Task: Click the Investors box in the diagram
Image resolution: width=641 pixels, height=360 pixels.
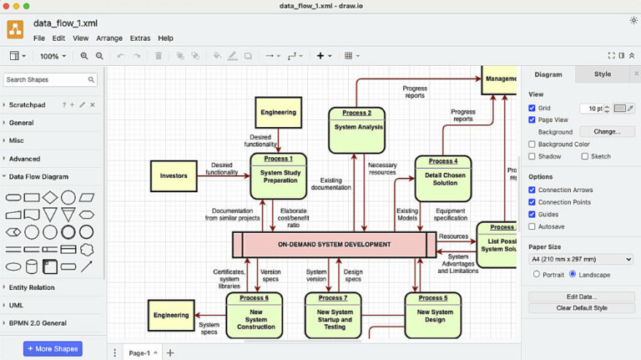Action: pyautogui.click(x=174, y=175)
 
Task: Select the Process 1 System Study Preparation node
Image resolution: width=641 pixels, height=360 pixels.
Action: pyautogui.click(x=278, y=175)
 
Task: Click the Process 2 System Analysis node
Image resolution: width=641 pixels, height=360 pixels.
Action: pyautogui.click(x=356, y=130)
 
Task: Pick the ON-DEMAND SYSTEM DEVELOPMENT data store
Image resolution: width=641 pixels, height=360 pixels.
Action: pyautogui.click(x=334, y=245)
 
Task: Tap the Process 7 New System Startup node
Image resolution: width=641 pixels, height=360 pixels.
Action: pyautogui.click(x=333, y=315)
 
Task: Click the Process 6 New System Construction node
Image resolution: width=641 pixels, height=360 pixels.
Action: pyautogui.click(x=255, y=315)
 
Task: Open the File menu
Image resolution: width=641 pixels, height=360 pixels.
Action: pyautogui.click(x=39, y=38)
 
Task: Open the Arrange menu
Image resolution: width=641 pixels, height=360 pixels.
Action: pyautogui.click(x=109, y=38)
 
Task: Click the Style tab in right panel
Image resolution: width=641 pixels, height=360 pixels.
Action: pyautogui.click(x=602, y=74)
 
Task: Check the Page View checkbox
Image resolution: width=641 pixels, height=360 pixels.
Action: pyautogui.click(x=532, y=119)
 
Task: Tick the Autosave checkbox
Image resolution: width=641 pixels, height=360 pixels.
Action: pyautogui.click(x=532, y=226)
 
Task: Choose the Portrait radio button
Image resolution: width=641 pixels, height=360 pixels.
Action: pyautogui.click(x=537, y=274)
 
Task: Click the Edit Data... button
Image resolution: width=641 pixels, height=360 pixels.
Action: pyautogui.click(x=581, y=297)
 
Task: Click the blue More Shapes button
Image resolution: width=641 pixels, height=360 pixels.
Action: pyautogui.click(x=53, y=348)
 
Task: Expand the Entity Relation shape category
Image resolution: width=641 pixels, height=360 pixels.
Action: pyautogui.click(x=32, y=287)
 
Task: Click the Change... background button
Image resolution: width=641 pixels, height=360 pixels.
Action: pyautogui.click(x=607, y=132)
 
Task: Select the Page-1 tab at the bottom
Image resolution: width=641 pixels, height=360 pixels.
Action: pyautogui.click(x=139, y=353)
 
